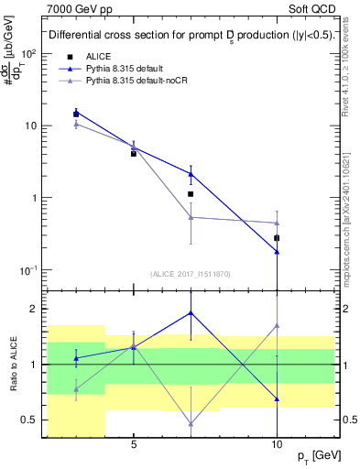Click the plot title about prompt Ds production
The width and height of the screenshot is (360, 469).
coord(190,37)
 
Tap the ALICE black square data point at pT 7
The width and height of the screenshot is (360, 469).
coord(191,194)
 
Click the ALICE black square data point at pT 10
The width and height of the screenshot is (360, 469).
coord(277,238)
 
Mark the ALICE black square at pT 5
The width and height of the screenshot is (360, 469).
coord(134,154)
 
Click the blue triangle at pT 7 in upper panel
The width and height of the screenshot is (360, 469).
coord(191,173)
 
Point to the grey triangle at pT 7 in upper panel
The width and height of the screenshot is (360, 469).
coord(191,217)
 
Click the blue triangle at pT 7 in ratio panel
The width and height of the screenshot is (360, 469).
coord(191,312)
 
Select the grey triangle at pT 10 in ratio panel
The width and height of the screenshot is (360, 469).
coord(277,325)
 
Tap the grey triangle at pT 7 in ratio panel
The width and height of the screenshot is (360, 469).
coord(191,423)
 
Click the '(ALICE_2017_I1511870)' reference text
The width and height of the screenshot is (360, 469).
coord(190,274)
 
